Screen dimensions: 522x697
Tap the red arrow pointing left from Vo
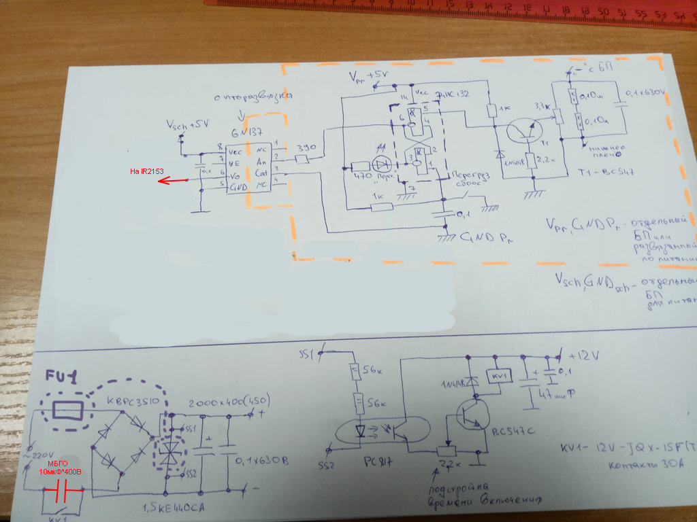click(179, 180)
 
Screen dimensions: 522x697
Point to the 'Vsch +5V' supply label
click(189, 126)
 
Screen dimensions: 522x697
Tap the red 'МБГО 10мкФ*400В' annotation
click(61, 467)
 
